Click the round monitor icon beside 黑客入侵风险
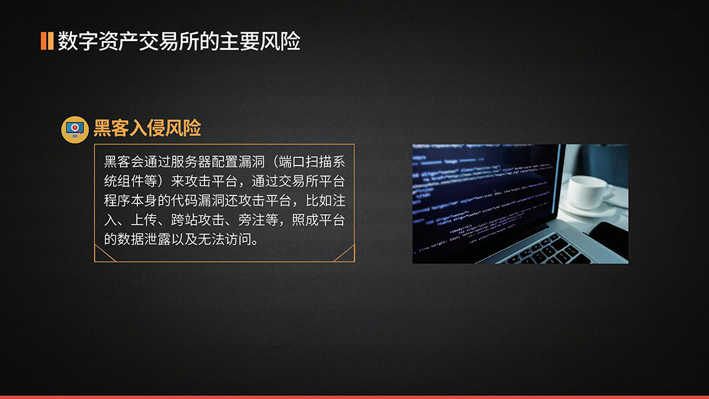coord(75,129)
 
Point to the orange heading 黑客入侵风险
coord(147,128)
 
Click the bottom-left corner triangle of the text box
coord(100,256)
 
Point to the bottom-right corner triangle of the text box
coord(349,255)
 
